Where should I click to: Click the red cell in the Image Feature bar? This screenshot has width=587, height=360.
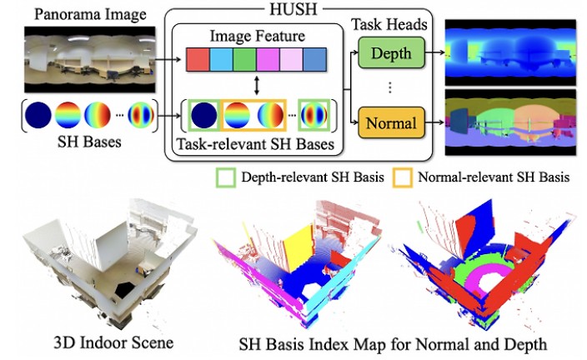point(198,60)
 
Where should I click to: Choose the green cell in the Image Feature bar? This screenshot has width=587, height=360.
point(245,60)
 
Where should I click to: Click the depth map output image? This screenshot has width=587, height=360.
point(511,52)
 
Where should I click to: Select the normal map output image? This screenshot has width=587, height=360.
point(511,124)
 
